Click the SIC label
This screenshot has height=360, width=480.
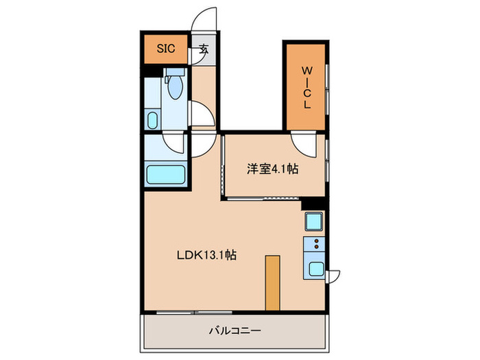click(x=166, y=49)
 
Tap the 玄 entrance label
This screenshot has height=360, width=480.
click(x=204, y=49)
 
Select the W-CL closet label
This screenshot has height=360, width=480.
click(x=307, y=86)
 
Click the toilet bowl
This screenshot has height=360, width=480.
click(x=174, y=87)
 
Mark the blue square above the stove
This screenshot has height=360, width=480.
click(x=315, y=221)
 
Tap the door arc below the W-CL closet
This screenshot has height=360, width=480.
click(x=301, y=142)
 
